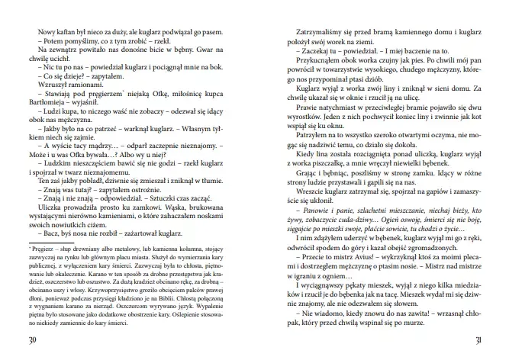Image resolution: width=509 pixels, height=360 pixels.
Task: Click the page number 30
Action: pyautogui.click(x=31, y=339)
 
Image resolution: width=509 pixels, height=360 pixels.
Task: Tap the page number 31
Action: pyautogui.click(x=478, y=339)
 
